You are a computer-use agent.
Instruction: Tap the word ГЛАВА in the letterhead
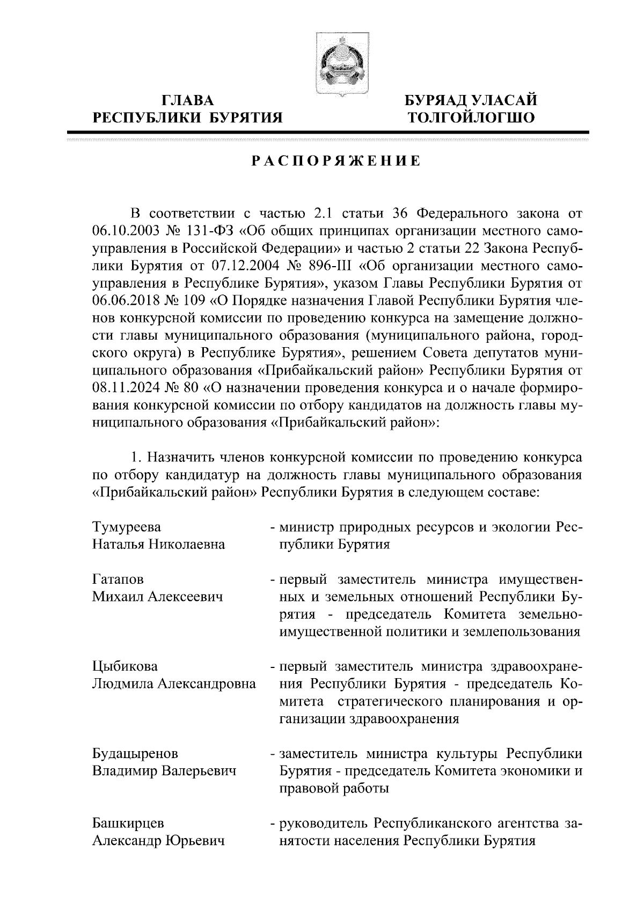(187, 100)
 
